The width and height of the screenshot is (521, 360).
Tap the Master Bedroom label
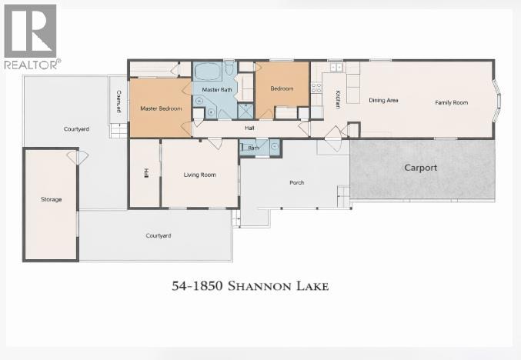[x=160, y=108]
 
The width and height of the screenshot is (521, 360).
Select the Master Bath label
[x=216, y=91]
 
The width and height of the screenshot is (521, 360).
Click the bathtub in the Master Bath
[x=206, y=73]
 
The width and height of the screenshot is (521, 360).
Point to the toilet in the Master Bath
[x=229, y=71]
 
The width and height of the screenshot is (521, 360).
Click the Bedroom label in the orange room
[x=281, y=88]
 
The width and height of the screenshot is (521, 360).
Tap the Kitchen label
[x=337, y=99]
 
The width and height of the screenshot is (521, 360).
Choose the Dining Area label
[x=382, y=101]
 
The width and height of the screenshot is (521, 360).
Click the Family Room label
[x=451, y=102]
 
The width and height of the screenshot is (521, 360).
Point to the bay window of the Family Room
[x=499, y=100]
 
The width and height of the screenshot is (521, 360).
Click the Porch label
[x=296, y=182]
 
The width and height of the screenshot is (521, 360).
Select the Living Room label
[x=199, y=175]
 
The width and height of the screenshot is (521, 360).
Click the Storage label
[x=51, y=199]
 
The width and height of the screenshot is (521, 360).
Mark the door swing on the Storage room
[x=78, y=158]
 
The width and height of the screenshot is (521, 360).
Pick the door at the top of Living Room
[x=214, y=143]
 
